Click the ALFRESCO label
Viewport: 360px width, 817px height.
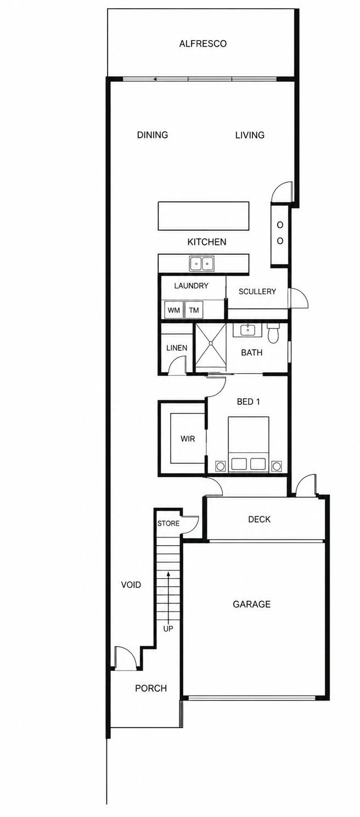coord(203,44)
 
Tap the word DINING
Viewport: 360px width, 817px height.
coord(153,135)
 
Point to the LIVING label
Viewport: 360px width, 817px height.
coord(250,135)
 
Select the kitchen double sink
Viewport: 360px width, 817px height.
coord(201,264)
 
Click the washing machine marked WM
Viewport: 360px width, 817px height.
coord(174,310)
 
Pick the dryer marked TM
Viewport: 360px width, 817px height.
coord(194,310)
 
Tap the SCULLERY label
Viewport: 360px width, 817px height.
coord(257,292)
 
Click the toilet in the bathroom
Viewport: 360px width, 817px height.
coord(273,332)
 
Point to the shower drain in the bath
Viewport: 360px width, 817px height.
coord(210,343)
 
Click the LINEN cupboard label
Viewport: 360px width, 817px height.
coord(177,348)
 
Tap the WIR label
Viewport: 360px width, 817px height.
coord(188,438)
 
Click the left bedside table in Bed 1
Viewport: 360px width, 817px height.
coord(220,466)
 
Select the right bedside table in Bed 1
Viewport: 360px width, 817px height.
coord(277,466)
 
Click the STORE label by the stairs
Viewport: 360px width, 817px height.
coord(168,523)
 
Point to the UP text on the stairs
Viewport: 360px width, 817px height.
coord(168,629)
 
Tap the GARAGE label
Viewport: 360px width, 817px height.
coord(251,605)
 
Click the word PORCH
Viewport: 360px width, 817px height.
coord(151,689)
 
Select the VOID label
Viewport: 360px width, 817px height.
coord(131,585)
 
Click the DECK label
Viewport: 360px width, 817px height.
coord(259,519)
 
